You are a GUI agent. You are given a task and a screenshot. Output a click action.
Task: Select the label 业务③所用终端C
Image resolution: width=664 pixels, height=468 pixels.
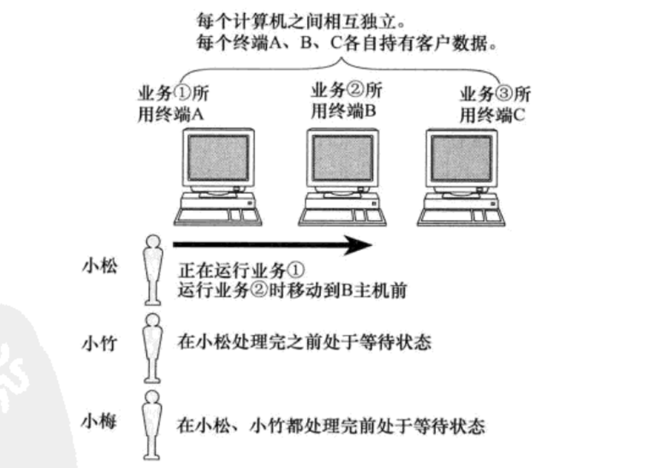pos(495,104)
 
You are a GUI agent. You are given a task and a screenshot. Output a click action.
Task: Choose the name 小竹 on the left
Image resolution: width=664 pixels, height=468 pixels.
pos(99,345)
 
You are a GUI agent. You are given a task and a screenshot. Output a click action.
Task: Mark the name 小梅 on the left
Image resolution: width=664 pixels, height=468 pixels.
pos(99,422)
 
